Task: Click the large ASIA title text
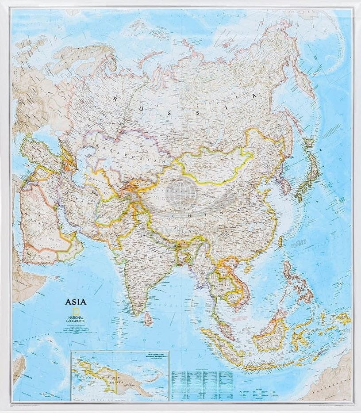tap(76, 302)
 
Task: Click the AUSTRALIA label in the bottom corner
tap(325, 389)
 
